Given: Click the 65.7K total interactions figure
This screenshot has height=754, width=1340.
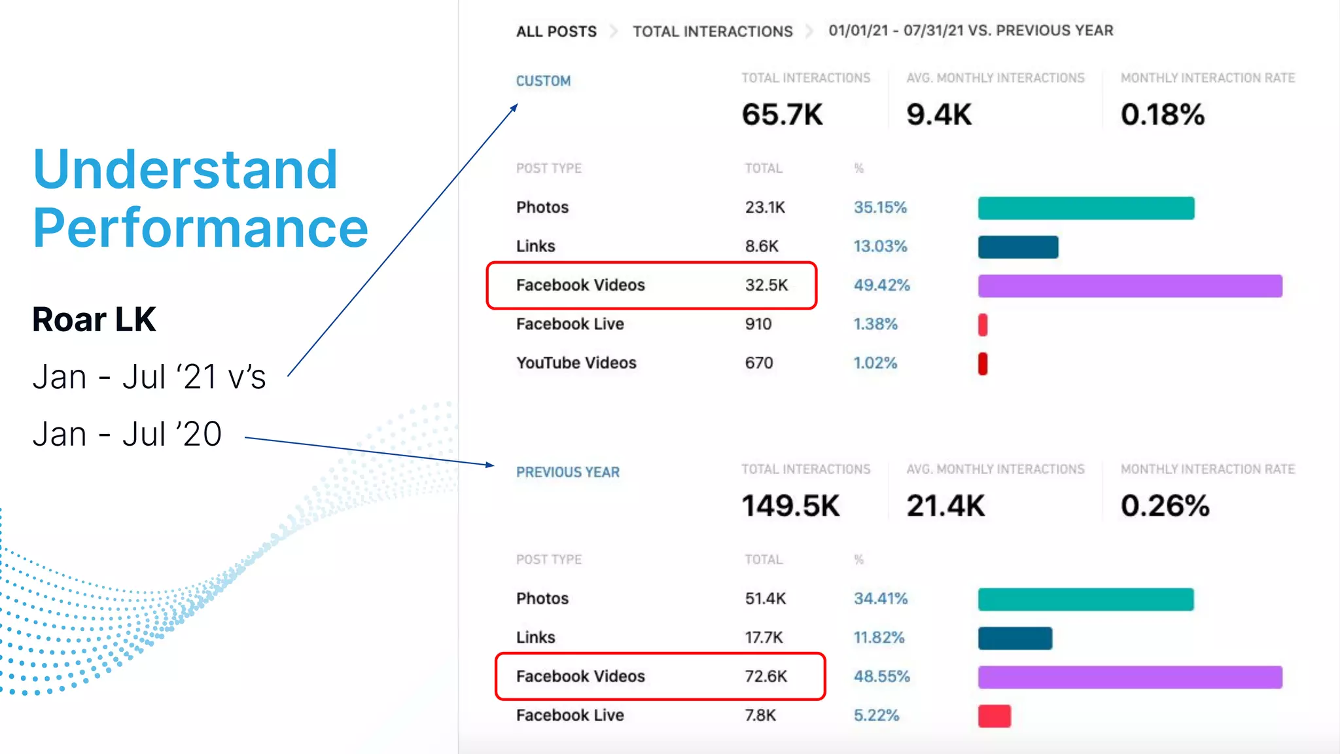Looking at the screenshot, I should [782, 115].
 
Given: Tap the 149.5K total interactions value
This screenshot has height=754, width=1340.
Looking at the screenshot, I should [790, 506].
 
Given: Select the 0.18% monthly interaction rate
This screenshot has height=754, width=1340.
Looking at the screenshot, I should [1162, 115].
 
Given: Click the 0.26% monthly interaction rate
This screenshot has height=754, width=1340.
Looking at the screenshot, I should [1165, 506].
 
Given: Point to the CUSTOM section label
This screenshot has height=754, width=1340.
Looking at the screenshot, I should [543, 81].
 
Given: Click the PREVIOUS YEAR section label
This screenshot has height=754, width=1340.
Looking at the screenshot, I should [567, 473].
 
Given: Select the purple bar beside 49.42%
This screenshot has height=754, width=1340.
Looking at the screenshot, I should [1130, 286].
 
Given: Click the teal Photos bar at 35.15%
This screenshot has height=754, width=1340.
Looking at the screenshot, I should [1086, 208].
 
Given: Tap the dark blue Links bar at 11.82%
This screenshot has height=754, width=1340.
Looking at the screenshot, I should [1015, 638].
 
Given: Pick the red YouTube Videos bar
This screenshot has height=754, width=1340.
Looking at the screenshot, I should [983, 363].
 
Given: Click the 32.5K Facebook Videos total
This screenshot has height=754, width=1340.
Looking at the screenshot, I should [766, 285].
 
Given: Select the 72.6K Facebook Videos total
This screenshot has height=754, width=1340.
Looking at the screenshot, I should [766, 677].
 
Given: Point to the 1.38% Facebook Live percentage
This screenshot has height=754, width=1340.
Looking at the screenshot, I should [875, 324].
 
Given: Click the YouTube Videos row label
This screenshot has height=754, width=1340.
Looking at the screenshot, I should [576, 363].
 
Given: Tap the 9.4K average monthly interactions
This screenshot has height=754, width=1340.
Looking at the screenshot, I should [938, 115].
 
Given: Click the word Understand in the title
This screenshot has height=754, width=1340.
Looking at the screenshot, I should [185, 170].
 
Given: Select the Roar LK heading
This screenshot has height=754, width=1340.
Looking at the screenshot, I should [94, 319].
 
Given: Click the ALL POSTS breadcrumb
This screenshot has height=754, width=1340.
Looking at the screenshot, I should [556, 31].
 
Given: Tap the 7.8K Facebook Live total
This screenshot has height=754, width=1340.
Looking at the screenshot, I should [760, 715].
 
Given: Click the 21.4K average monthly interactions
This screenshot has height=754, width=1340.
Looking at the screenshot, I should [945, 506].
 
